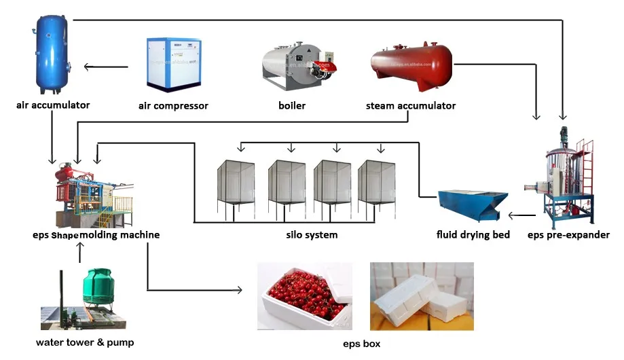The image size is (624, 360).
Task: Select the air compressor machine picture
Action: [x=172, y=65]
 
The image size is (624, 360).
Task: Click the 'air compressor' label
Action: [x=173, y=106]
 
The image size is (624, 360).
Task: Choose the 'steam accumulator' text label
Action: [x=411, y=106]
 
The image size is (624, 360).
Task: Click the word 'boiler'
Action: [x=292, y=106]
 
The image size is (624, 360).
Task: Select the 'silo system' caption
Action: [x=312, y=235]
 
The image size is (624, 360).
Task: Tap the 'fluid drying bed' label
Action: [x=473, y=235]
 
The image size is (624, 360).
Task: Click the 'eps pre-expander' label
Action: [x=568, y=235]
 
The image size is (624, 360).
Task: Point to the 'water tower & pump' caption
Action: [x=85, y=342]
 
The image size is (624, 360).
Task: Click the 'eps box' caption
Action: [x=362, y=344]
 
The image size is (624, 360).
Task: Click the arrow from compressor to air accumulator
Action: [x=105, y=67]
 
